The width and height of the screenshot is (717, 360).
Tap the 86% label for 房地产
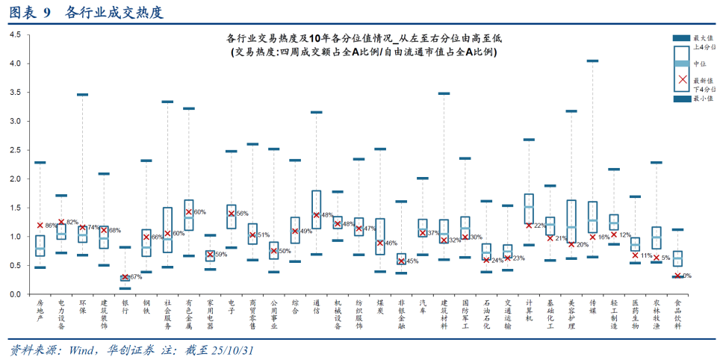(51, 226)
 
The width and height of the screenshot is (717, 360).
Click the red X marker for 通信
(316, 215)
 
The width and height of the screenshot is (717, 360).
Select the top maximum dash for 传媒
(592, 61)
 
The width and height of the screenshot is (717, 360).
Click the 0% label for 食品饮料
(686, 276)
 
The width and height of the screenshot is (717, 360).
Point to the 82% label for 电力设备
(72, 223)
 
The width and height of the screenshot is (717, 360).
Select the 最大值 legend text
(703, 38)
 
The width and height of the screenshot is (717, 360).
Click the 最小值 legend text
(703, 98)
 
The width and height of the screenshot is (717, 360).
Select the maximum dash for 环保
(83, 95)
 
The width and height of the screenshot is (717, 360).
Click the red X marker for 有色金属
(189, 212)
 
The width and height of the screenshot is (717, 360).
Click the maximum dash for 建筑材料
(444, 93)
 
